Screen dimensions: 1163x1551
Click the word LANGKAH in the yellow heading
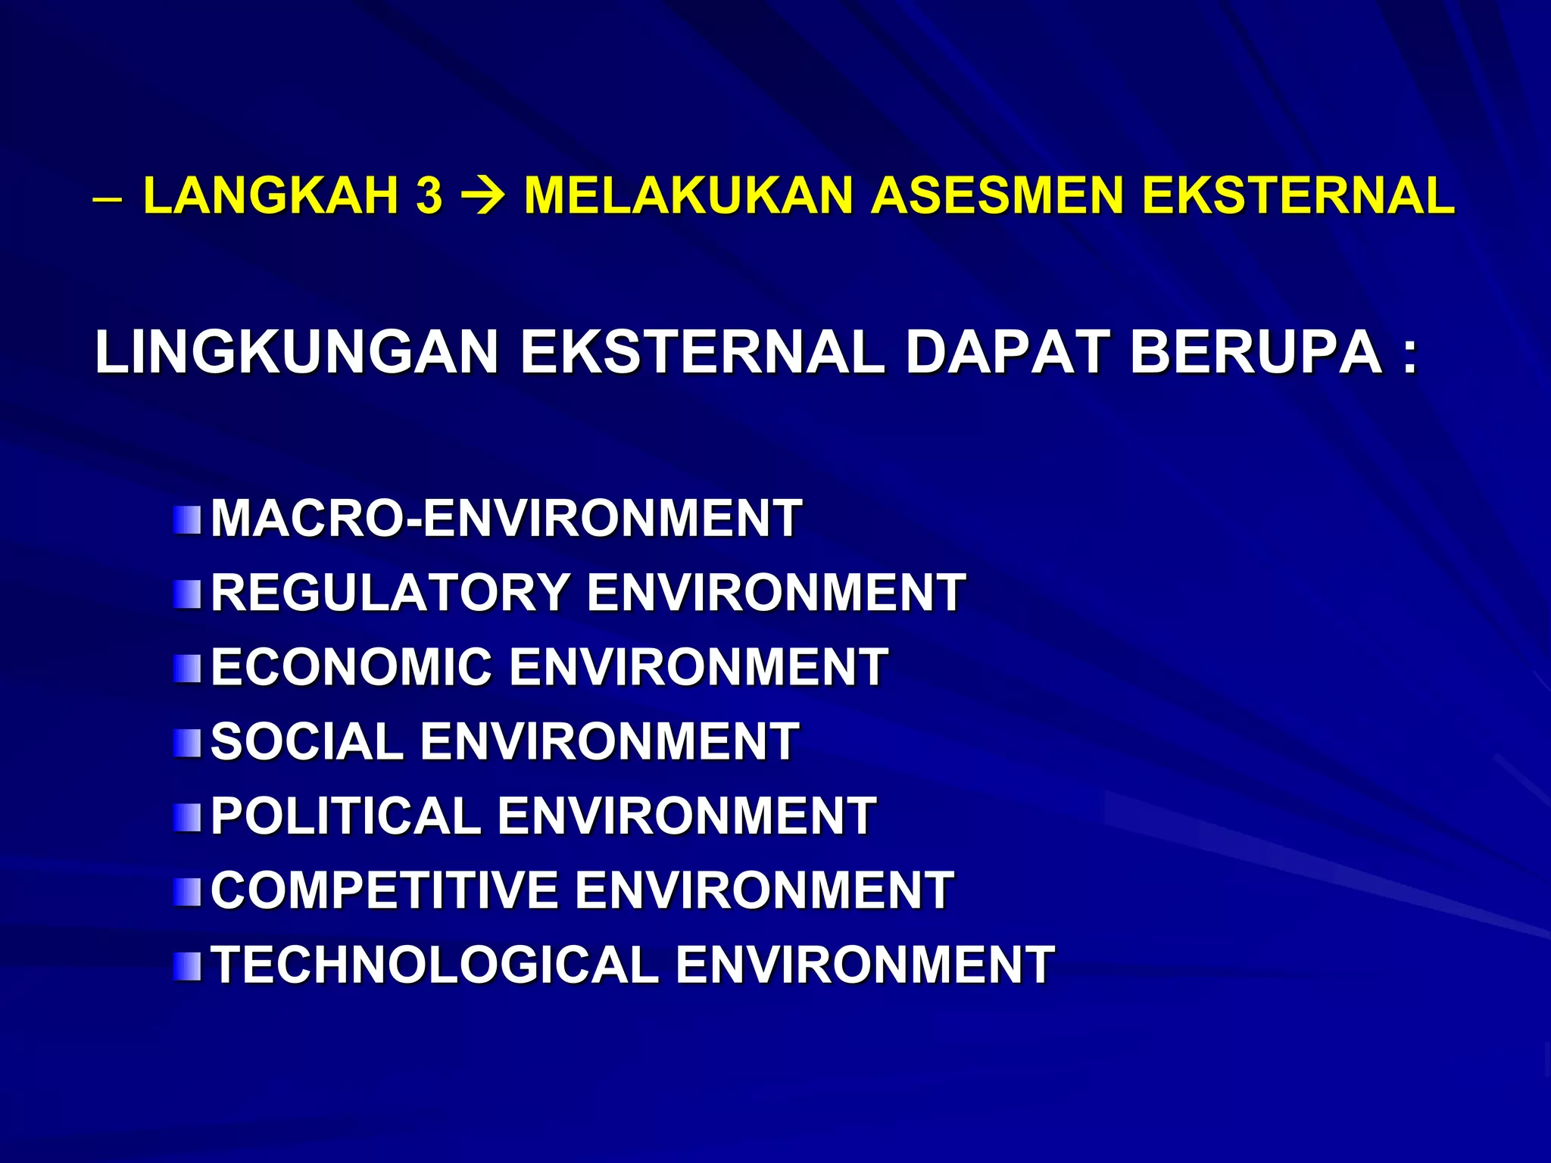270,195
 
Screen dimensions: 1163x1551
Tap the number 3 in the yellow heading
429,195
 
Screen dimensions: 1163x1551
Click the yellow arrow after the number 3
483,195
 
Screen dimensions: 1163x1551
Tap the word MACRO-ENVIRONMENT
506,519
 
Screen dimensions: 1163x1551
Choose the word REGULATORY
390,592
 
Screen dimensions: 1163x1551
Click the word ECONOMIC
351,666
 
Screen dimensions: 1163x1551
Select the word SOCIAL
307,741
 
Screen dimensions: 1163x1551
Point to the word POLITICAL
345,815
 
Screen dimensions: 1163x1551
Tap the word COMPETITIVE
384,890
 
